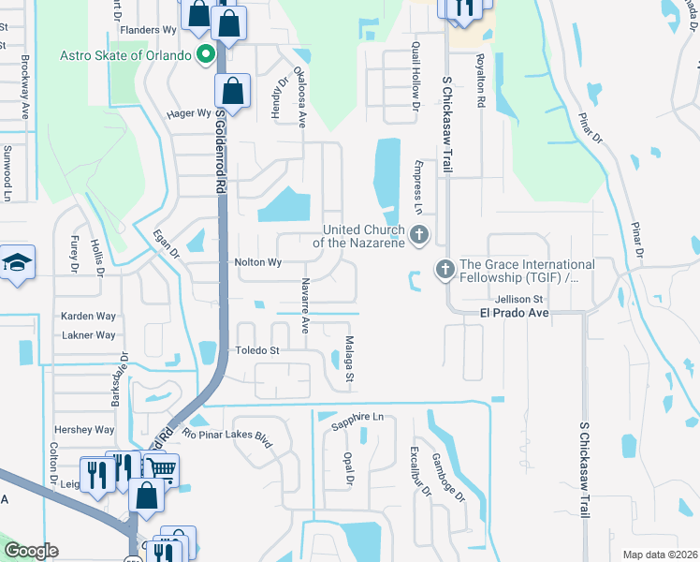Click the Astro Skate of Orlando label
[125, 55]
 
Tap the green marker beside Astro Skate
[202, 55]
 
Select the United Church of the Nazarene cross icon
[418, 234]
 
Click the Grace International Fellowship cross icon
[445, 271]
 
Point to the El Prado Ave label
[514, 312]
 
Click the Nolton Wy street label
[257, 263]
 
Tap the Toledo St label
[256, 350]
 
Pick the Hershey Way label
[84, 430]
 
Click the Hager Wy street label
[188, 113]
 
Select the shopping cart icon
[161, 467]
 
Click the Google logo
[31, 551]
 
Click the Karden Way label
[88, 317]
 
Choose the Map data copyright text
[659, 555]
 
